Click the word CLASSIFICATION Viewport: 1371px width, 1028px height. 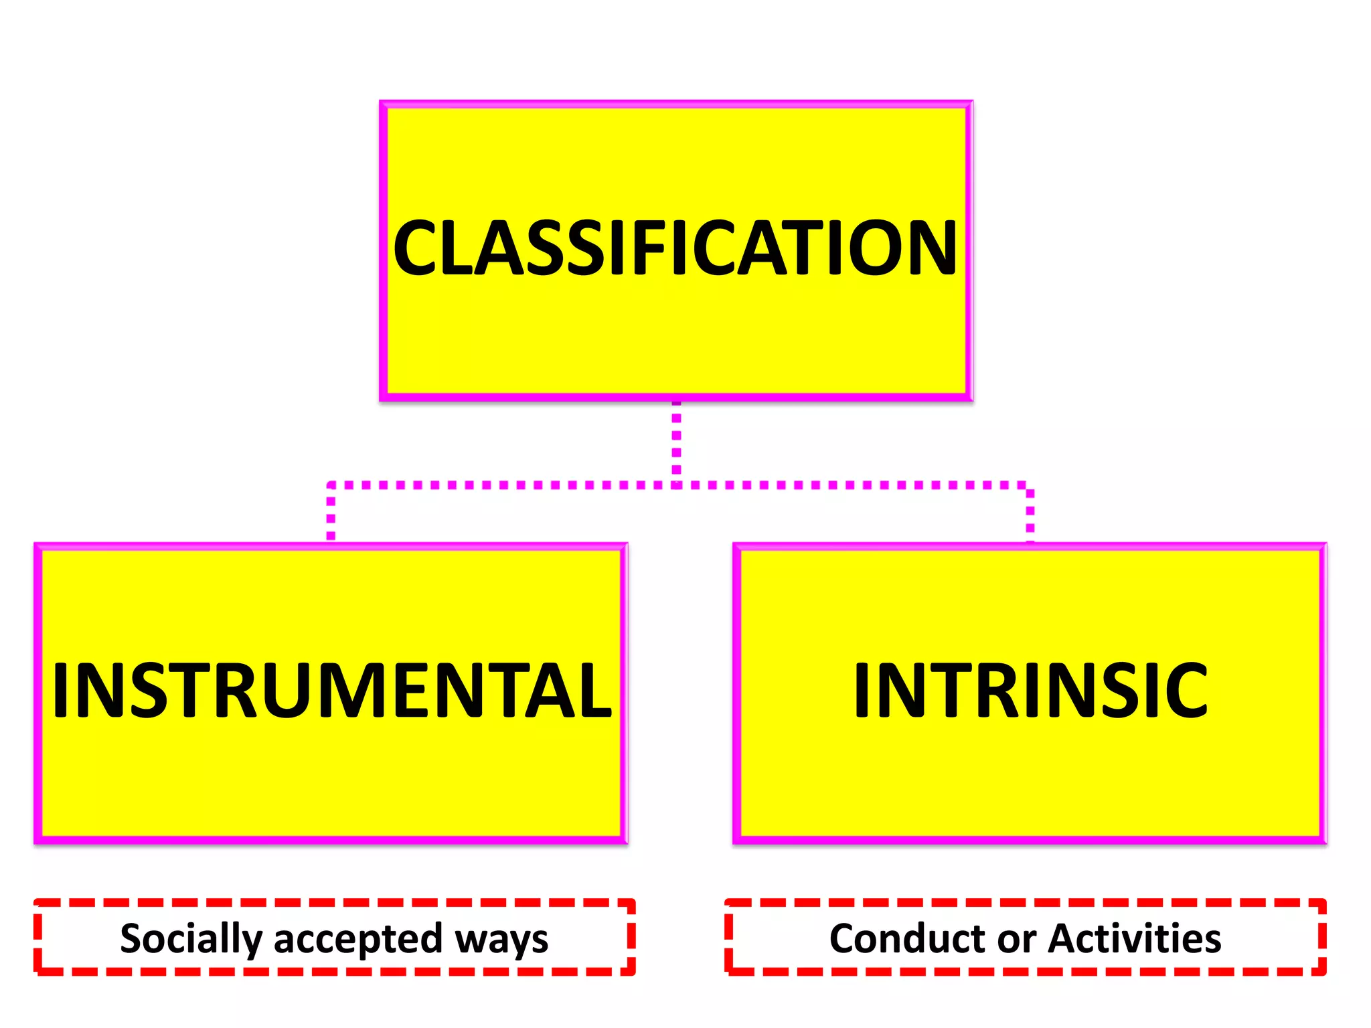675,248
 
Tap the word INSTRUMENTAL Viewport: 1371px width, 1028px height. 331,691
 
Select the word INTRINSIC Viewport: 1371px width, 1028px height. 1030,691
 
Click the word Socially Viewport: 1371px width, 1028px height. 191,939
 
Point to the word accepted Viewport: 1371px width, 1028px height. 358,939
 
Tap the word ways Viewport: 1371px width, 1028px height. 501,939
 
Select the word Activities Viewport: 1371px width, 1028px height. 1135,938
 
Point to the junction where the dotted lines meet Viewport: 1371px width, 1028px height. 676,484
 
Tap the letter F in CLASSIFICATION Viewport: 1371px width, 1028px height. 647,248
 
